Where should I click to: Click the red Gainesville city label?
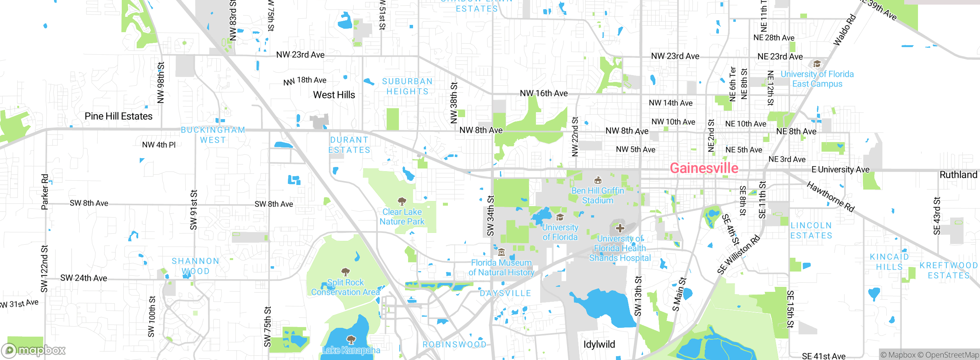(704, 168)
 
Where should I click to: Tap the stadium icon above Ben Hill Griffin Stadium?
(598, 180)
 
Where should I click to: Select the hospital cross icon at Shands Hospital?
(620, 229)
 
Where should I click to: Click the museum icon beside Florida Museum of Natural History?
(501, 252)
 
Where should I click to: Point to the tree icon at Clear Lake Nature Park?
(402, 201)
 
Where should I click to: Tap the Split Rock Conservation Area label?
(345, 287)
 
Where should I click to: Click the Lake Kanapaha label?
(351, 350)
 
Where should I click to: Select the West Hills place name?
(334, 95)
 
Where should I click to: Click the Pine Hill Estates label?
(118, 116)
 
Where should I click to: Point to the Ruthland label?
(958, 175)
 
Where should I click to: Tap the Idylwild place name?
(599, 344)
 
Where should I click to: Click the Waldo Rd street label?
(844, 30)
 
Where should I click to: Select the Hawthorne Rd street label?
(830, 196)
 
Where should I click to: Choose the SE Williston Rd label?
(738, 255)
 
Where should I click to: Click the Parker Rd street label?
(45, 192)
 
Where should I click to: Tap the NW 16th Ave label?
(544, 93)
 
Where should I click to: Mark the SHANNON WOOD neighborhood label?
(195, 266)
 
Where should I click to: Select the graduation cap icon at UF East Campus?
(817, 64)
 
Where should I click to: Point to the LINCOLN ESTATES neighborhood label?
(811, 231)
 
